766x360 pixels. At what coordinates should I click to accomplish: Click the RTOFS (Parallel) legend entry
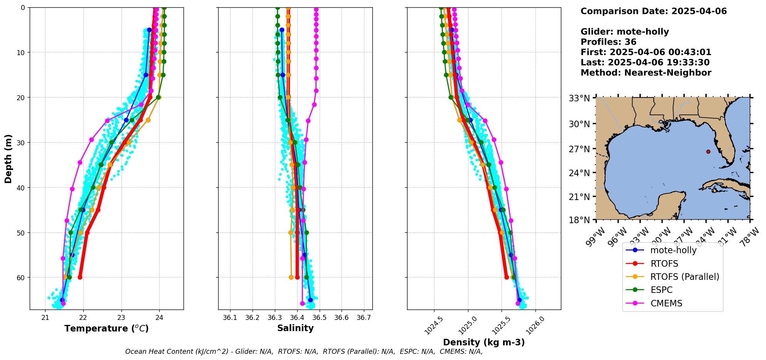(x=684, y=277)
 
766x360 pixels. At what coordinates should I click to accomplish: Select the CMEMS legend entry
(x=666, y=303)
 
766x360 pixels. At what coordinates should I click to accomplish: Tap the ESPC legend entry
(x=661, y=290)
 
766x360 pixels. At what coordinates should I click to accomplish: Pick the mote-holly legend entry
(x=673, y=250)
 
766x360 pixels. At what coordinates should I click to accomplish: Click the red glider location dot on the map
(x=708, y=151)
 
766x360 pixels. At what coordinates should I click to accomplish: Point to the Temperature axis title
(x=106, y=328)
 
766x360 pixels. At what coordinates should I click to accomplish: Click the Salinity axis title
(x=295, y=328)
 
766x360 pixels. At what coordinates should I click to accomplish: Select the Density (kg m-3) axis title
(x=484, y=342)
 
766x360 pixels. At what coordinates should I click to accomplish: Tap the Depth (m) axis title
(x=8, y=159)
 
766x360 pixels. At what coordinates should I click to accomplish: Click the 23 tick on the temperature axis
(x=121, y=318)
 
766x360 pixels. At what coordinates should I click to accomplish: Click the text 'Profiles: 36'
(x=608, y=42)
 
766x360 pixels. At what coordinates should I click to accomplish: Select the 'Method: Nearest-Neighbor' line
(x=646, y=72)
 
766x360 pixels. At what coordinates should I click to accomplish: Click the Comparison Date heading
(x=653, y=11)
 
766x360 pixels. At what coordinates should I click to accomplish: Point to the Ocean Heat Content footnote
(x=304, y=352)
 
